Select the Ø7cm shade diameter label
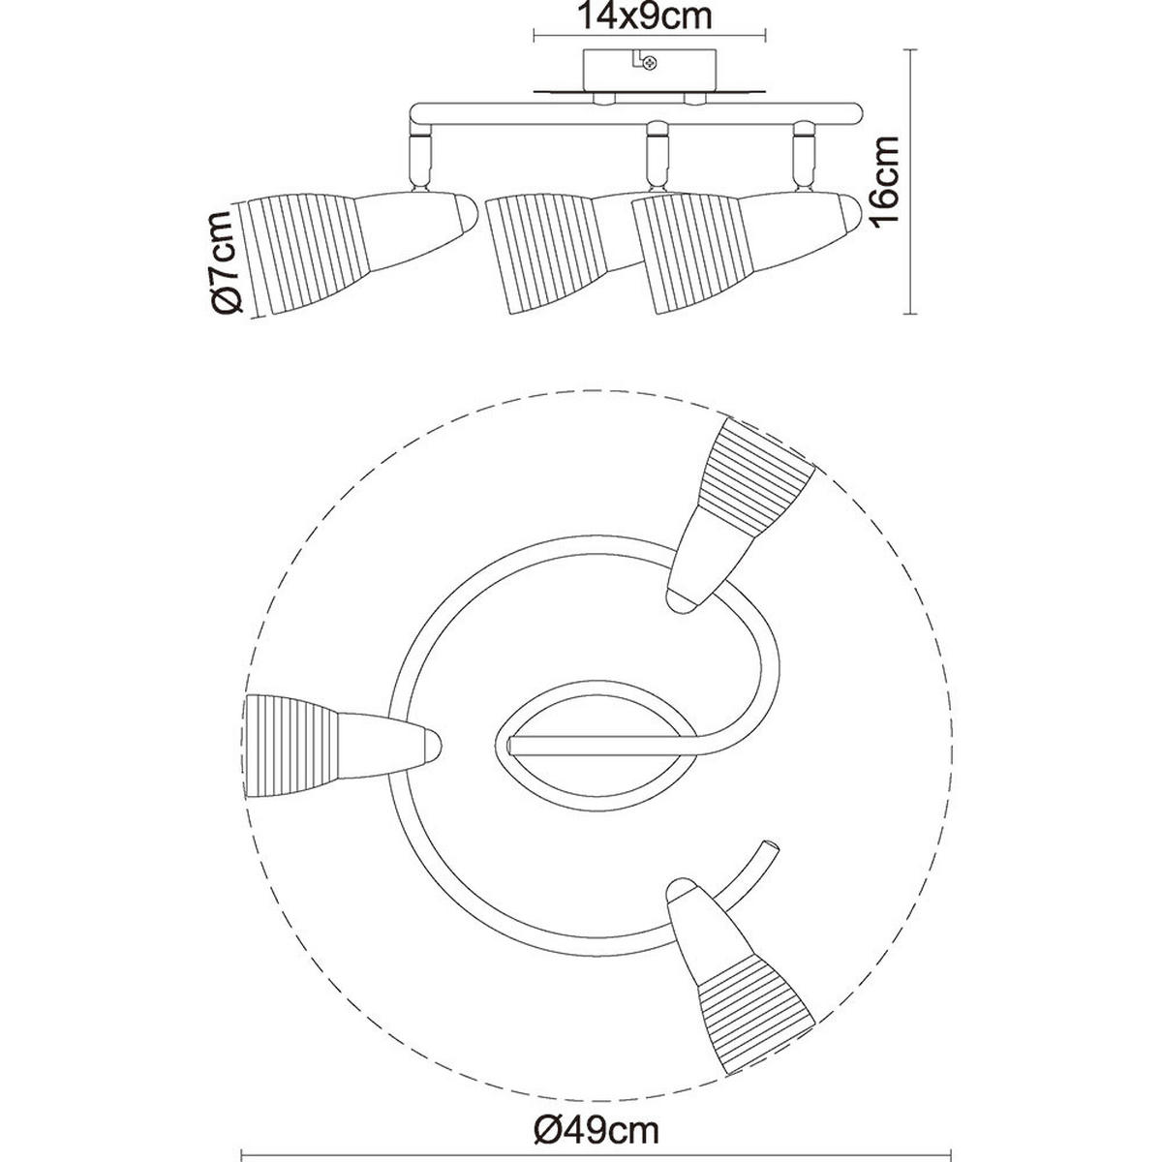click(x=224, y=261)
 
